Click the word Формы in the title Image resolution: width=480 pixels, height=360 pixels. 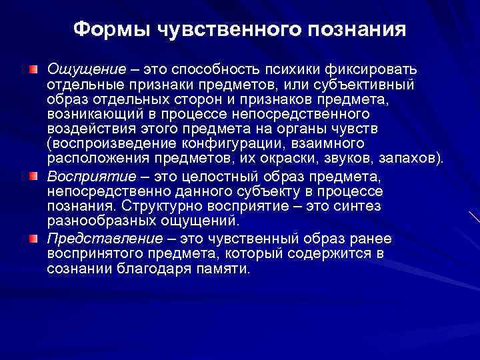pyautogui.click(x=111, y=29)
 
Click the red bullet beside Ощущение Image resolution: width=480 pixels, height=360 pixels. pyautogui.click(x=33, y=69)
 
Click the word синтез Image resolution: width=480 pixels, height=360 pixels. pyautogui.click(x=360, y=207)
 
